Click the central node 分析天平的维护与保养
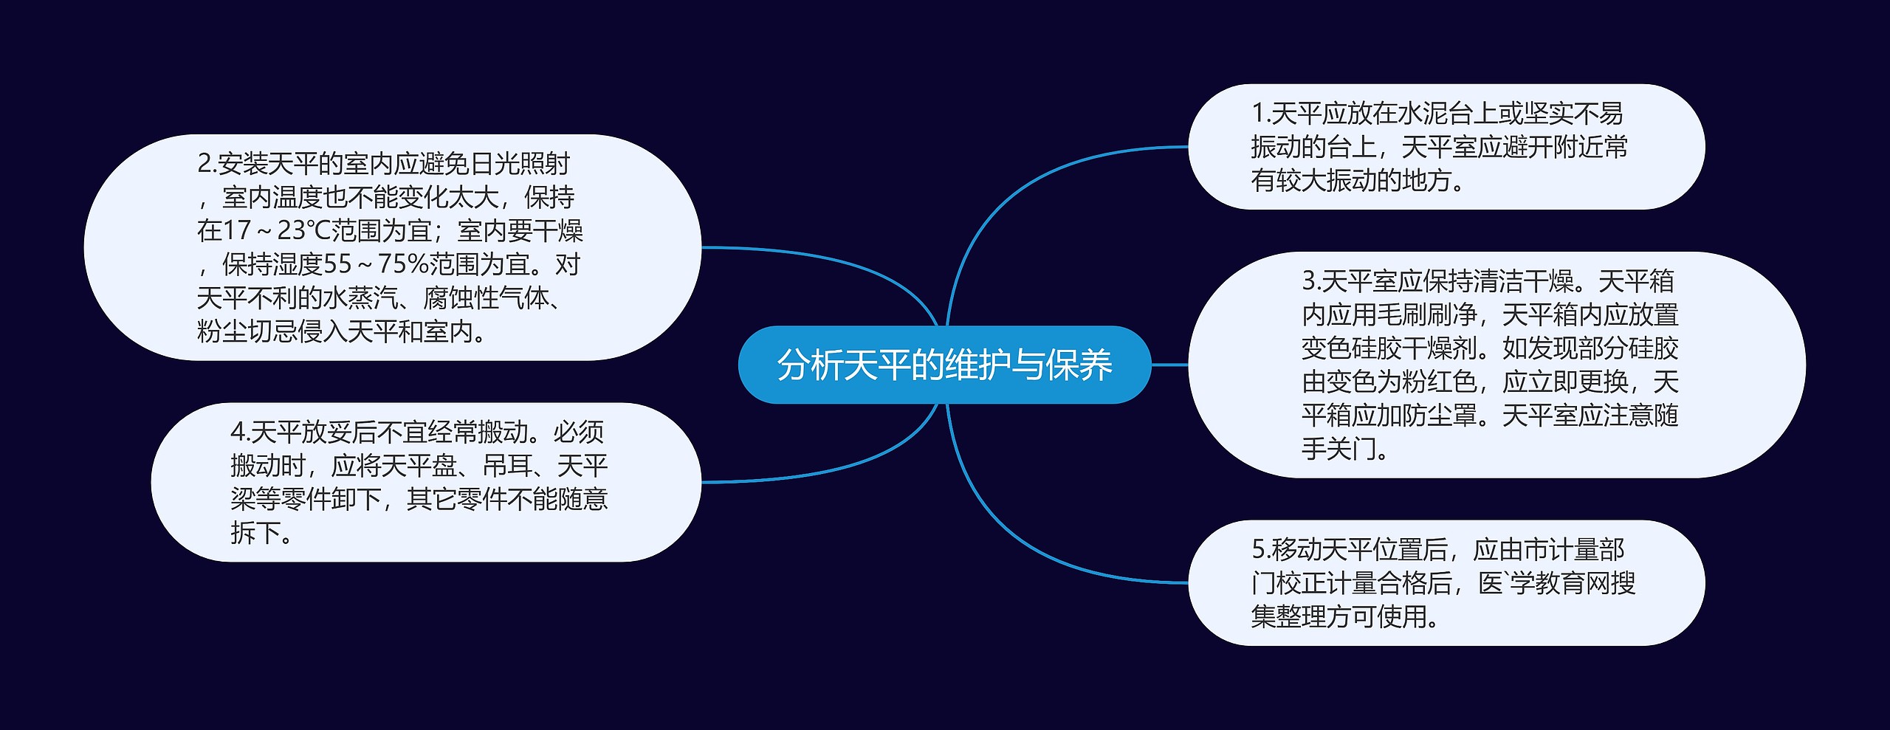coord(944,365)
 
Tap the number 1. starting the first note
coord(1260,114)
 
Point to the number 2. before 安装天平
coord(206,164)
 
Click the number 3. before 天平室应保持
coord(1310,281)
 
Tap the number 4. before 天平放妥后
coord(239,432)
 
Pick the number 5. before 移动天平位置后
coord(1260,550)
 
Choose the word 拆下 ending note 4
coord(255,533)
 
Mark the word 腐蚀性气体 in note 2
coord(487,298)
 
